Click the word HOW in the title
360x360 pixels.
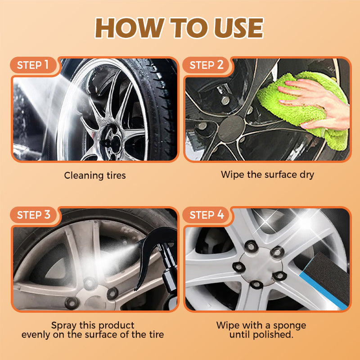point(130,28)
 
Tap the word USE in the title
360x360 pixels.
point(239,28)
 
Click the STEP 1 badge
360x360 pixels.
point(33,65)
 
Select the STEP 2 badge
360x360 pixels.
point(206,65)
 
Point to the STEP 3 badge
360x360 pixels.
point(33,215)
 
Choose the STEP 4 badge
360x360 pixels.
point(207,215)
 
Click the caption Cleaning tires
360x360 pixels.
point(95,175)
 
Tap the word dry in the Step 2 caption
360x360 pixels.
point(307,175)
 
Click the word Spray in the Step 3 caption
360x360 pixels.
point(64,325)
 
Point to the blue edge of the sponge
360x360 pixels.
point(323,290)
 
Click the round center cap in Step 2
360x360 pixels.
point(231,129)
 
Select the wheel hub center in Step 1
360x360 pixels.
point(112,142)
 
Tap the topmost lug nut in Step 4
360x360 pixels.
point(251,246)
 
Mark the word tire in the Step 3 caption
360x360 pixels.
point(156,334)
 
